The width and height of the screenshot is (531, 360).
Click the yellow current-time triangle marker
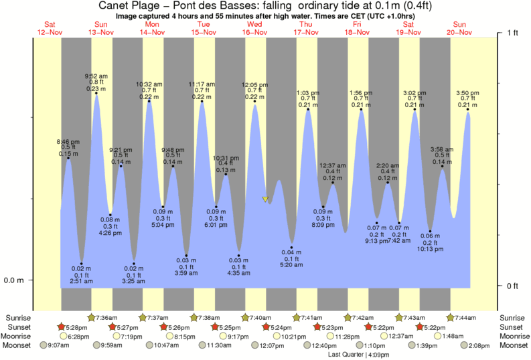pos(266,199)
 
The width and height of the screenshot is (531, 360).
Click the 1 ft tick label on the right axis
pos(513,33)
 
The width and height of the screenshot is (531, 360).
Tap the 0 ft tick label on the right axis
pos(513,286)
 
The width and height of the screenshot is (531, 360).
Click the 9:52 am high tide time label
pos(97,76)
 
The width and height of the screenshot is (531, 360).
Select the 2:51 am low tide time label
pos(82,283)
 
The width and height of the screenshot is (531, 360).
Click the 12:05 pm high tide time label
pos(254,85)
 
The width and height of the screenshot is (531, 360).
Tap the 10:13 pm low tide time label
pos(431,249)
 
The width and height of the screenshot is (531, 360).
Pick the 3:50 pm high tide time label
pos(467,92)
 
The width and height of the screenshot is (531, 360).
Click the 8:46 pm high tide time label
pos(68,141)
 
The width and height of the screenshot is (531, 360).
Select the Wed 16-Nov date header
pos(254,28)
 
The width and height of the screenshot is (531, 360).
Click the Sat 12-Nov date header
pos(50,28)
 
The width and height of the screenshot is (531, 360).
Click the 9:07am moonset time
pos(59,345)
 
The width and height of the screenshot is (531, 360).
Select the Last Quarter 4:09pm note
pos(359,354)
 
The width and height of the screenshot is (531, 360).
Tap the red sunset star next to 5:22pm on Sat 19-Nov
pos(420,327)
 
